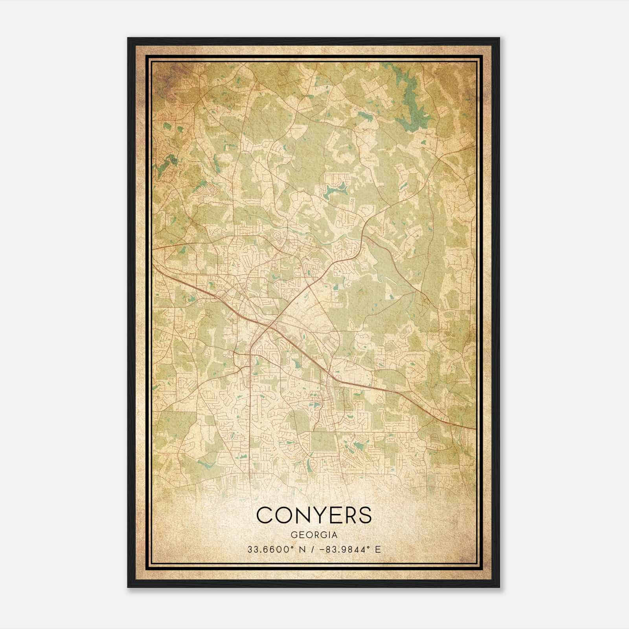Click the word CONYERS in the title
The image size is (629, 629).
pos(314,515)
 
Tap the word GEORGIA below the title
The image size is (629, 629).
pos(314,535)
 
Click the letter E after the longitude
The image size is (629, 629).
pos(378,549)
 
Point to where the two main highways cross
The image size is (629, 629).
pos(270,326)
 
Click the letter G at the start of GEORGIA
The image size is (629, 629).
pos(294,535)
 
